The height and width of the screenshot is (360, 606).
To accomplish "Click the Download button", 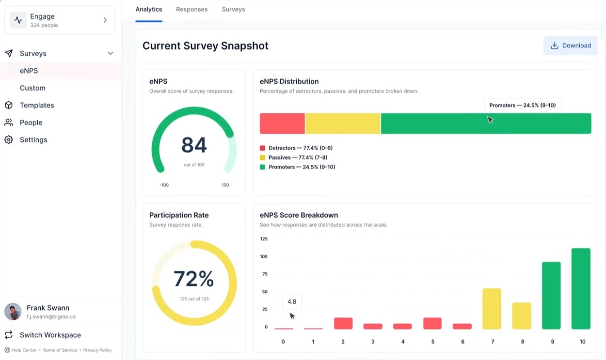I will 571,46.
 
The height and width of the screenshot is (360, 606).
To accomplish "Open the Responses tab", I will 191,9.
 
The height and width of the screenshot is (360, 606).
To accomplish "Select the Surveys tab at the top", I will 233,9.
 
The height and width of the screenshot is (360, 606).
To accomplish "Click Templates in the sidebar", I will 36,105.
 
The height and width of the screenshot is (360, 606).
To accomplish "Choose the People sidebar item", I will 31,123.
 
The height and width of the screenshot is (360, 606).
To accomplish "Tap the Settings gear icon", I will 9,140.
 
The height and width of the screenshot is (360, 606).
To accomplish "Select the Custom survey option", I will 32,88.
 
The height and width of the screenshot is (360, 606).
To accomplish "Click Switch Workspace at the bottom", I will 50,335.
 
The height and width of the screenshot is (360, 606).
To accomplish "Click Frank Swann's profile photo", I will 13,312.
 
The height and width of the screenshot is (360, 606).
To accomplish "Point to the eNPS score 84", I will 194,145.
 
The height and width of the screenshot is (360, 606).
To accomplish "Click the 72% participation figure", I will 194,279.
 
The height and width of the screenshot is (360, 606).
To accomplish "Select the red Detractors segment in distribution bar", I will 282,124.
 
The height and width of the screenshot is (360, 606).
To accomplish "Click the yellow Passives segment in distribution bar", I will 342,124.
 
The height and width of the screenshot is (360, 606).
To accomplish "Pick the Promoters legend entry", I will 301,167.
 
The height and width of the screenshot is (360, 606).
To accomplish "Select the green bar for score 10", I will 581,289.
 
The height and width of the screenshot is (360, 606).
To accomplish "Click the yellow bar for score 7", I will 492,309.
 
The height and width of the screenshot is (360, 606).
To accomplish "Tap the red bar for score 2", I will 343,323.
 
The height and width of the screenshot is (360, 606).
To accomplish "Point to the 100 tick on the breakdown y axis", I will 264,256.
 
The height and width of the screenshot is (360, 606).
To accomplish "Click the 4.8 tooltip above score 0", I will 292,301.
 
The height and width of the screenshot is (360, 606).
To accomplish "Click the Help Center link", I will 24,350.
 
